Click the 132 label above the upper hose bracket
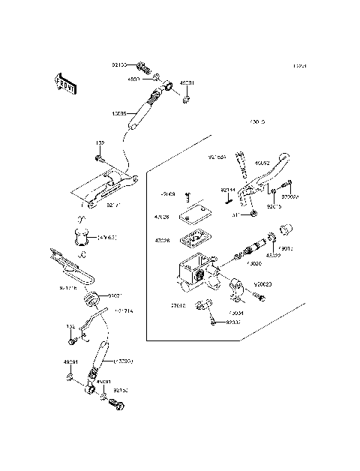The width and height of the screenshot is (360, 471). coord(99,142)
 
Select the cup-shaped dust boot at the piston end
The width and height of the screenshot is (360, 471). coord(286,228)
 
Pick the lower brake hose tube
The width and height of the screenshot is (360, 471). coord(102,353)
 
